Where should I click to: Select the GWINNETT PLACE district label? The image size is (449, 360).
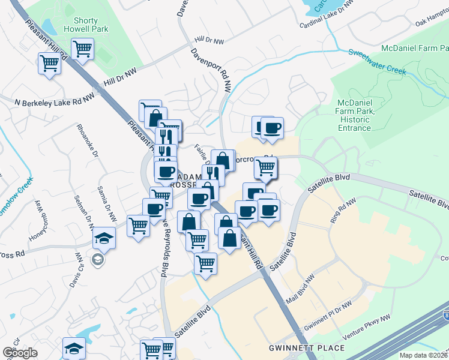tap(307, 348)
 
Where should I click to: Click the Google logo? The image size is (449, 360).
tap(20, 352)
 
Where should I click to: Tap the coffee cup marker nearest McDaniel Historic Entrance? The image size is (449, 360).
tap(272, 128)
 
